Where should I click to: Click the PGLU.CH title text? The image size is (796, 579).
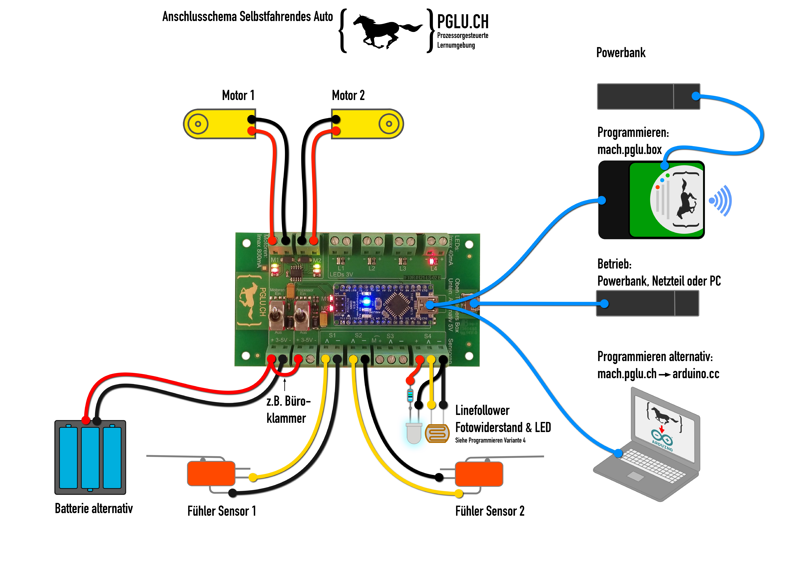(x=463, y=22)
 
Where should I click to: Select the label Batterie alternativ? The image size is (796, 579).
(x=94, y=508)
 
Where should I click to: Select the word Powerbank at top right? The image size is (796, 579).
(x=621, y=53)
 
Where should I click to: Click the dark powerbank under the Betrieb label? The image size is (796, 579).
(x=648, y=303)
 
